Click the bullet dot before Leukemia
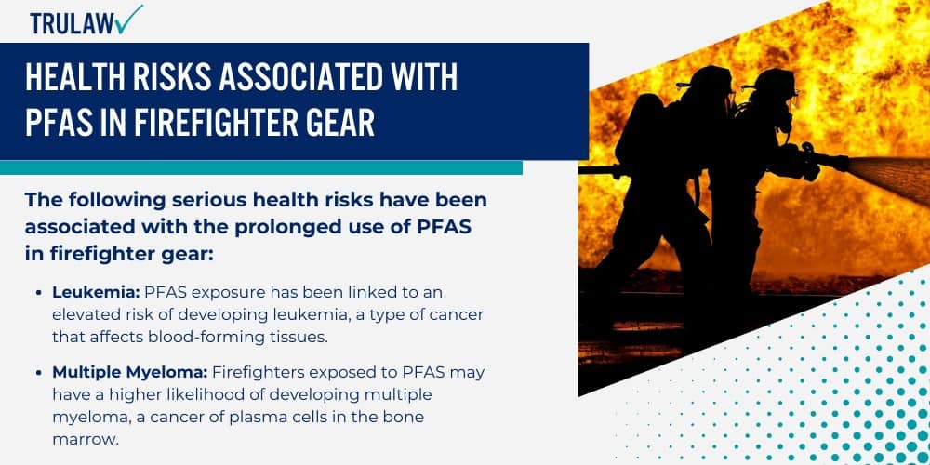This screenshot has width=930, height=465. (39, 292)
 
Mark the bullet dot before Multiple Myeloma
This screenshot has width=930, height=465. (39, 372)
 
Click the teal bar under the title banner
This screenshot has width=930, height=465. (260, 167)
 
